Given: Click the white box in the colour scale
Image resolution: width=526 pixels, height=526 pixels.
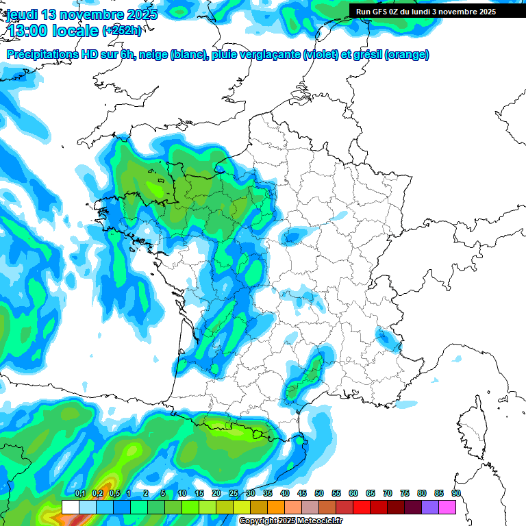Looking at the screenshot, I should click(x=71, y=507).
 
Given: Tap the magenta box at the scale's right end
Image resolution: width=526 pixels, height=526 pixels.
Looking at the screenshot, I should click(x=447, y=507).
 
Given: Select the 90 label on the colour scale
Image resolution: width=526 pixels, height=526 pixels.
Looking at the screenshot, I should click(x=456, y=493).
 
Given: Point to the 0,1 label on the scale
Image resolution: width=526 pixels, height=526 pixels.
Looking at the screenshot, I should click(x=80, y=493).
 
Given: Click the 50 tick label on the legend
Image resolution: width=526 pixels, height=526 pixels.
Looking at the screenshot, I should click(x=319, y=493).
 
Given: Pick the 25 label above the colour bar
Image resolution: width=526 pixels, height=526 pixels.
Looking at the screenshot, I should click(x=234, y=493).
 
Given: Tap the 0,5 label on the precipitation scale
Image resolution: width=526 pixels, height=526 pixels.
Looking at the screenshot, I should click(x=114, y=493).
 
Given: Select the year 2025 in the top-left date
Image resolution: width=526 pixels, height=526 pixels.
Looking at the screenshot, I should click(x=139, y=14).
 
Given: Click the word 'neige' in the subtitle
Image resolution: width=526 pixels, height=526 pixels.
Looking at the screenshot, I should click(x=154, y=55).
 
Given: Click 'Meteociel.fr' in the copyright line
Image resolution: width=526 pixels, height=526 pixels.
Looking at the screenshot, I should click(x=319, y=521).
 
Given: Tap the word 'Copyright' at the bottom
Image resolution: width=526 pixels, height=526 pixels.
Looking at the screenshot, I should click(x=258, y=521).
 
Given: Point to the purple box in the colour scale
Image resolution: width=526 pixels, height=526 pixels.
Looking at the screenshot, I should click(x=430, y=507).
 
